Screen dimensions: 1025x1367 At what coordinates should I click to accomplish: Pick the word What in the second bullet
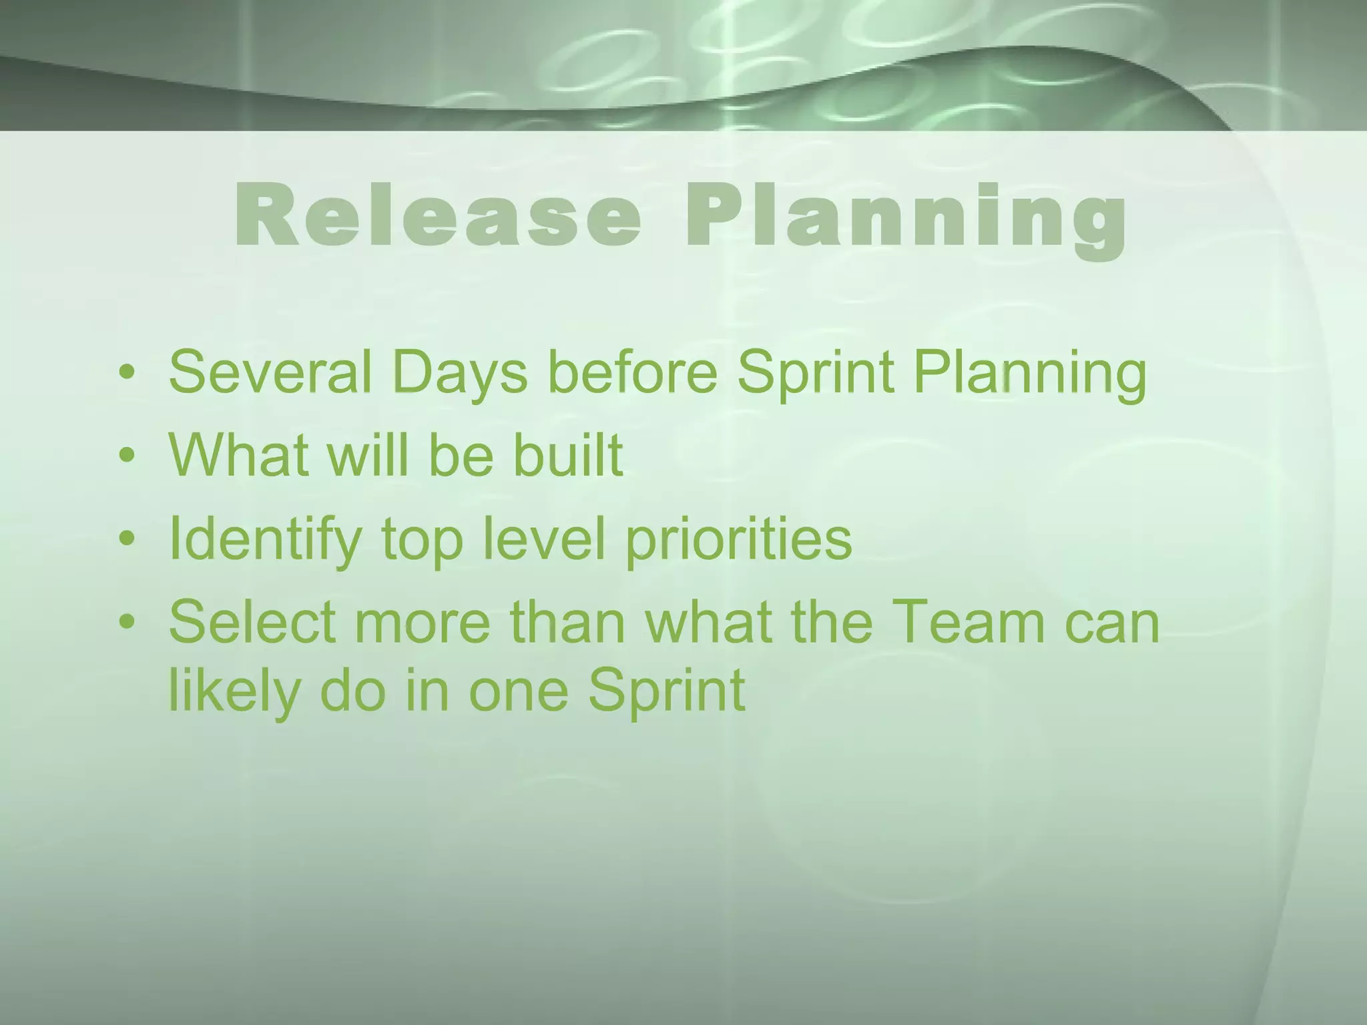pos(238,455)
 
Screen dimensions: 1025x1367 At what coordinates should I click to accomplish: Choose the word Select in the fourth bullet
pos(252,622)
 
